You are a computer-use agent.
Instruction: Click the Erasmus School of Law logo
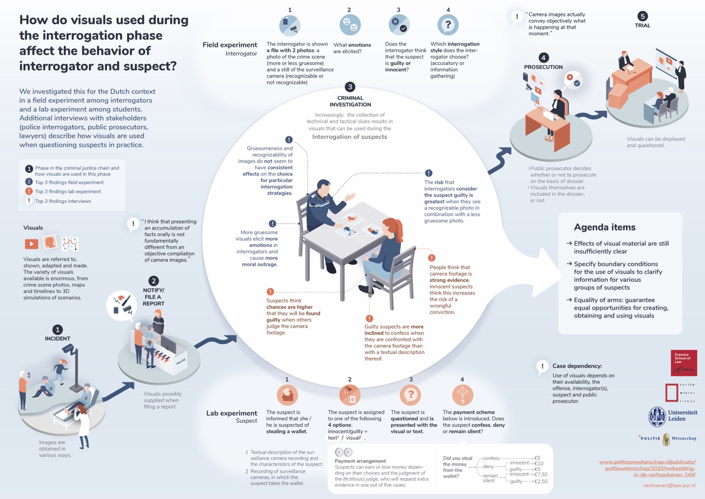pos(684,363)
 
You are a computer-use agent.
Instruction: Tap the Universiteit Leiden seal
pos(657,416)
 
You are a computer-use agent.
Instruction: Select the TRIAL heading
pos(642,25)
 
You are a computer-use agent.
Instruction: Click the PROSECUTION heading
pos(543,67)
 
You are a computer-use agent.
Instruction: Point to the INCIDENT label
pos(58,339)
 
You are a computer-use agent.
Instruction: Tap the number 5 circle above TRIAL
pos(642,15)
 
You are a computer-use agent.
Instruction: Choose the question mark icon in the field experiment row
pos(448,25)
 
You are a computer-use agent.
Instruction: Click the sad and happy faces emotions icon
pos(350,25)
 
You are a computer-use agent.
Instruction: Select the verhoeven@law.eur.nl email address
pos(669,485)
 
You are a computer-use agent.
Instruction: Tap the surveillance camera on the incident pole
pos(69,349)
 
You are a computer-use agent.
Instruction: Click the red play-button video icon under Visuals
pos(31,243)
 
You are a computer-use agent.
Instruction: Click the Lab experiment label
pos(231,413)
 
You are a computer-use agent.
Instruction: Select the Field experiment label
pos(230,45)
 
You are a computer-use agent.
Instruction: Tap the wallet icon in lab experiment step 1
pos(287,395)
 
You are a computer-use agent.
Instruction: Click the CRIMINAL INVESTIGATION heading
pos(350,101)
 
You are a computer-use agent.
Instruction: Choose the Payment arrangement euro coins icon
pos(344,452)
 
